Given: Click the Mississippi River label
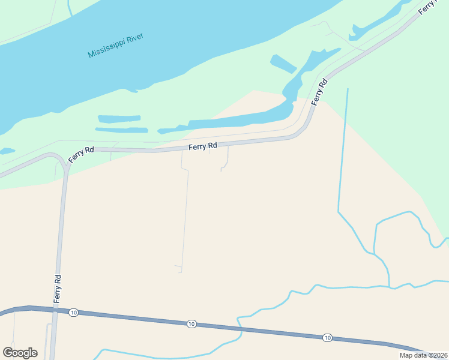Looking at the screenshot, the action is [116, 46].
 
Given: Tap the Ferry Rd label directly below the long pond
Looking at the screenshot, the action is [202, 146].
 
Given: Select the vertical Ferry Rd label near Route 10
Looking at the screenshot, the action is [58, 289].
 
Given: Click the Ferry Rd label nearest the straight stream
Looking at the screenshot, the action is [319, 91].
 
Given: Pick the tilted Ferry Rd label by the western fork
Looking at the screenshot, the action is [80, 155].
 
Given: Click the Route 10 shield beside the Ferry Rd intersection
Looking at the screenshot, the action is [73, 313].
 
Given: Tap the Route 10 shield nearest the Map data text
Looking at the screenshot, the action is [327, 337].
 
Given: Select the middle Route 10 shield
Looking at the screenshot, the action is [191, 324].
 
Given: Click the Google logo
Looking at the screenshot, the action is [20, 353].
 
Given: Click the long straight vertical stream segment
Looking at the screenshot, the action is [343, 150].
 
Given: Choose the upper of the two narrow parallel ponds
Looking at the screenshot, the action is [119, 119].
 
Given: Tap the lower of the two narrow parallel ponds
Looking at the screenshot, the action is [121, 130].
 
